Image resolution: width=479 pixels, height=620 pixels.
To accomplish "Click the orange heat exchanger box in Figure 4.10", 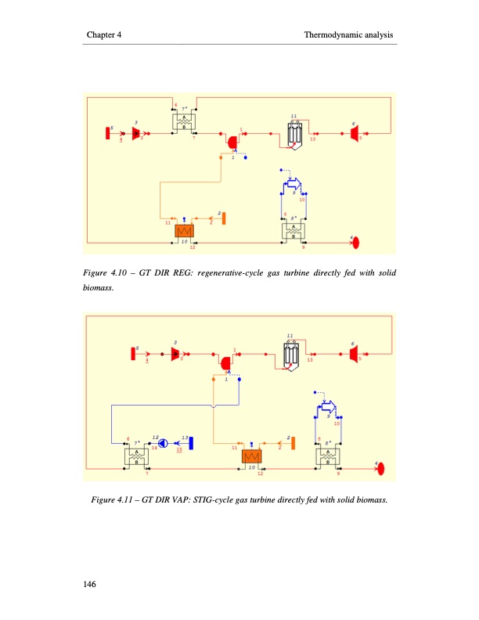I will [x=185, y=232].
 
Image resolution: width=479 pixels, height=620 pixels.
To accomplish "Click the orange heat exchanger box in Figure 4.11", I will [x=252, y=456].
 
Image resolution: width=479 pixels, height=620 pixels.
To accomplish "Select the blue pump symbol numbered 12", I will [x=162, y=443].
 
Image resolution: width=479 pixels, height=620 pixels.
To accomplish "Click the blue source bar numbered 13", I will [x=191, y=443].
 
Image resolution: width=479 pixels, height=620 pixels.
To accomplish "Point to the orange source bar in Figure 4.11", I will [x=293, y=443].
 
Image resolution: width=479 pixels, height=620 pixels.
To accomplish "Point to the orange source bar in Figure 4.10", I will [x=224, y=217].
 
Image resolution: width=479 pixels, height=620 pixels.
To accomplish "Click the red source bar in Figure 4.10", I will [x=107, y=132].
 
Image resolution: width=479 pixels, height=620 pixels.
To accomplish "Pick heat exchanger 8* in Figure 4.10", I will [x=294, y=231].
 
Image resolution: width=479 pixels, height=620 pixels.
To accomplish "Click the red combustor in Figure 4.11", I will [x=226, y=363].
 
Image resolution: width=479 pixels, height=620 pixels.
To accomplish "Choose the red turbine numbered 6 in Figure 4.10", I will [x=355, y=133].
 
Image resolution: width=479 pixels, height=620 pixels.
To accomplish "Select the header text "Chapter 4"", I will [x=103, y=36].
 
